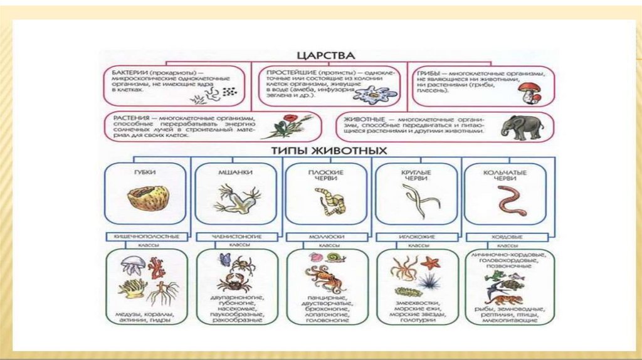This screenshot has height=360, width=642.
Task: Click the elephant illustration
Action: pos(522,127)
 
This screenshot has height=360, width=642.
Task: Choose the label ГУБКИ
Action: pos(145,171)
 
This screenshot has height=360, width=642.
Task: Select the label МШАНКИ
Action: pos(236,171)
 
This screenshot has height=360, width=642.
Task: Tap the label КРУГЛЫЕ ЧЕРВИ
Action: pos(415,174)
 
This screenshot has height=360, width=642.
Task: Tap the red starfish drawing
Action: pos(430,263)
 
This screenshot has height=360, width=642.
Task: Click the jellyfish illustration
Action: pos(132,265)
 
